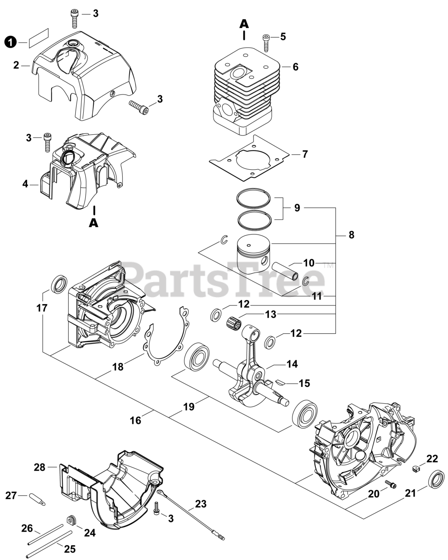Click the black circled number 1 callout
coord(10,42)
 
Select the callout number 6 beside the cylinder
coord(296,66)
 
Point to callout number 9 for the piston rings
coord(297,208)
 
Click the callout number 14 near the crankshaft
coord(292,364)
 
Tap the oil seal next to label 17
coord(57,285)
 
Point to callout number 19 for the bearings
coord(188,407)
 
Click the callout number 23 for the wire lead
coord(201,504)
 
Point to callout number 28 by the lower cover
coord(40,467)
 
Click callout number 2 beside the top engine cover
coord(16,65)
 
